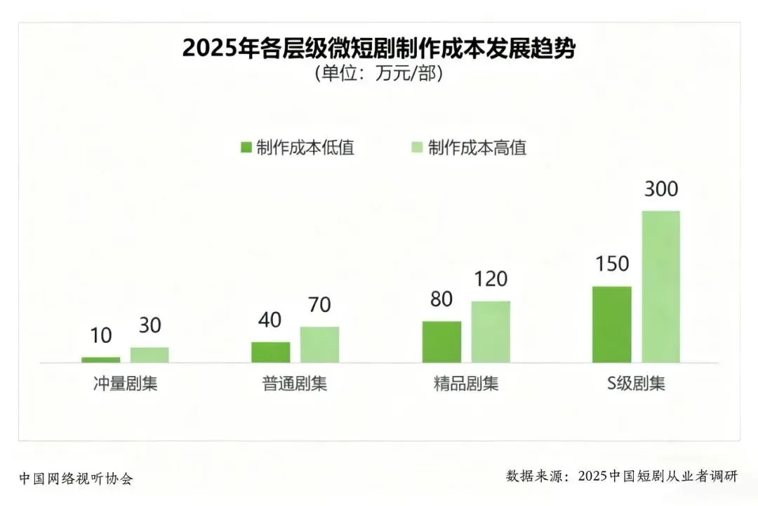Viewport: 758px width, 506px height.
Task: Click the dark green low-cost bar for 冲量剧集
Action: [x=100, y=360]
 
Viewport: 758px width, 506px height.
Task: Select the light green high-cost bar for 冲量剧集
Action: [x=149, y=355]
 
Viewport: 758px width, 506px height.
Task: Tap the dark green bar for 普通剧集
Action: [x=271, y=352]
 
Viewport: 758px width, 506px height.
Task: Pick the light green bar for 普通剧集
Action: [x=319, y=345]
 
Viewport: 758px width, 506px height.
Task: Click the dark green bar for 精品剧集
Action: [x=442, y=342]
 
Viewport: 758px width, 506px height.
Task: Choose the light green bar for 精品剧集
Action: [x=491, y=332]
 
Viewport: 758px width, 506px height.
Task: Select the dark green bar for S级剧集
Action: [x=612, y=325]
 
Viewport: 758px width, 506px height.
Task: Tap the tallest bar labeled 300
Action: [x=661, y=287]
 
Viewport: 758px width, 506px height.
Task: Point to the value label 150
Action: [x=612, y=264]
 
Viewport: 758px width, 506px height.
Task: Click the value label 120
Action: [x=491, y=279]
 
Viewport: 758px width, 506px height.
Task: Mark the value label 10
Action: [x=101, y=335]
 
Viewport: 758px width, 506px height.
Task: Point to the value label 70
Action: [x=319, y=304]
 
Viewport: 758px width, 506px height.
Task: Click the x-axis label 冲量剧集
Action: [x=125, y=384]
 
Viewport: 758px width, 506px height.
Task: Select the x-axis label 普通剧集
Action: [x=295, y=384]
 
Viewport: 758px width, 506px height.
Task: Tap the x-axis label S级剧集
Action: [x=636, y=384]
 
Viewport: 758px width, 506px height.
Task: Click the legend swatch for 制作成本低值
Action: [x=246, y=147]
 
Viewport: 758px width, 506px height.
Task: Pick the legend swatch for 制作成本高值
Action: [x=417, y=147]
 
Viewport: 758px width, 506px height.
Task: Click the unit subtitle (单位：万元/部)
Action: [x=379, y=74]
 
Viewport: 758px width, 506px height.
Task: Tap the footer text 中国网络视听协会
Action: [x=77, y=479]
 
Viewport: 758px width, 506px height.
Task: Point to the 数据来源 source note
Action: [x=622, y=476]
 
